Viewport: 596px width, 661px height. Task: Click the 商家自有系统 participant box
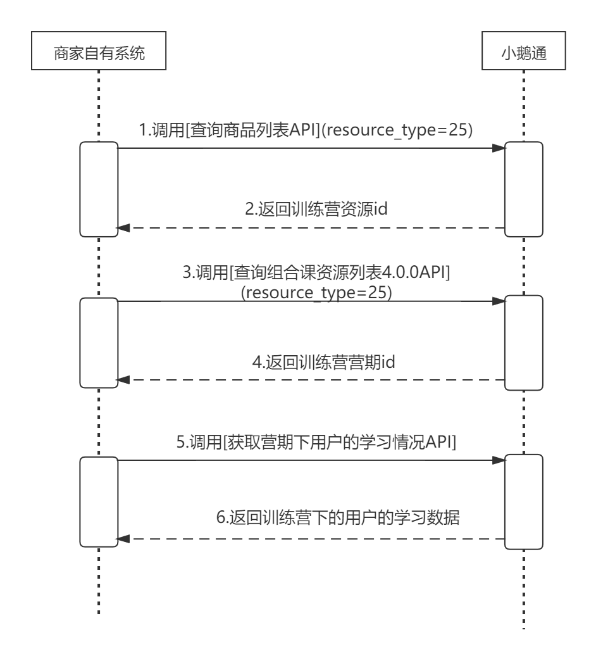pyautogui.click(x=98, y=54)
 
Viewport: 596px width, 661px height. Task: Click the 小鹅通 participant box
pyautogui.click(x=524, y=54)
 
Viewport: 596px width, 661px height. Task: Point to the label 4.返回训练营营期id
pyautogui.click(x=324, y=362)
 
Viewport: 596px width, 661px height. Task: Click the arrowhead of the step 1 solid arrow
pyautogui.click(x=499, y=148)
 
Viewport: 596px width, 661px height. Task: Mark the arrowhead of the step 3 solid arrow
pyautogui.click(x=499, y=302)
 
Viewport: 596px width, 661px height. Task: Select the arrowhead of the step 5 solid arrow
pyautogui.click(x=499, y=462)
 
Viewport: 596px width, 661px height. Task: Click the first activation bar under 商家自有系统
pyautogui.click(x=99, y=188)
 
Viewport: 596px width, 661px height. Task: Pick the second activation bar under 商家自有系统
pyautogui.click(x=99, y=342)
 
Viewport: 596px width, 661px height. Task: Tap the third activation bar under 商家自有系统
pyautogui.click(x=99, y=500)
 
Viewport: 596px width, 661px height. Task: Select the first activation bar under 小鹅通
pyautogui.click(x=524, y=188)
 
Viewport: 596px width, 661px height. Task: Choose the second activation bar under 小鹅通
pyautogui.click(x=524, y=342)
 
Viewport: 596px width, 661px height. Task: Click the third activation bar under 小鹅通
pyautogui.click(x=524, y=500)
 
